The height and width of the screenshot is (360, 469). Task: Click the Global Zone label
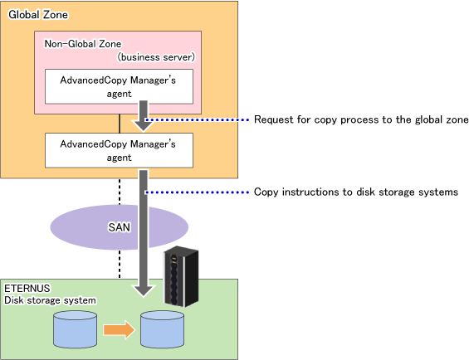(38, 15)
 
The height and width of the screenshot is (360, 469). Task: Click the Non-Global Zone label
(83, 44)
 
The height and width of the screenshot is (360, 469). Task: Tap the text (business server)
(156, 57)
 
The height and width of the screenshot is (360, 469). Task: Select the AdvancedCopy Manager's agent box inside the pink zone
(119, 87)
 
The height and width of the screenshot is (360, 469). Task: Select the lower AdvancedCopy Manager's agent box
(119, 150)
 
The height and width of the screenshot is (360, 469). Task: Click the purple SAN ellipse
(90, 227)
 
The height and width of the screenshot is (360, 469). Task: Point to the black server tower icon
(181, 276)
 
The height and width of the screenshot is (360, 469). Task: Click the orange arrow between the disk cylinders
(119, 330)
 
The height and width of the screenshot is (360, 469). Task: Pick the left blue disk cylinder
(75, 329)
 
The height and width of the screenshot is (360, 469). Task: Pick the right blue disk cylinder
(163, 329)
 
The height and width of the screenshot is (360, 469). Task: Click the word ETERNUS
(27, 288)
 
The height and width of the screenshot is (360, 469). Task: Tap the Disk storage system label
(50, 300)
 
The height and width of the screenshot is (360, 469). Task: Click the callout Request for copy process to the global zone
(361, 119)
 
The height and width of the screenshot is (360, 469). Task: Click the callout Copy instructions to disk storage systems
(356, 192)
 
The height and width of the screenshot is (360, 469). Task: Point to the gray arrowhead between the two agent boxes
(144, 126)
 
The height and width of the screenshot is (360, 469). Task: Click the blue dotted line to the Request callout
(197, 120)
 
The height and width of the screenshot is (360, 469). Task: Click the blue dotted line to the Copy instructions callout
(197, 192)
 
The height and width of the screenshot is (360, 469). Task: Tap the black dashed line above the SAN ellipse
(120, 192)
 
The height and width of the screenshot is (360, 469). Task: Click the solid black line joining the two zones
(120, 124)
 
